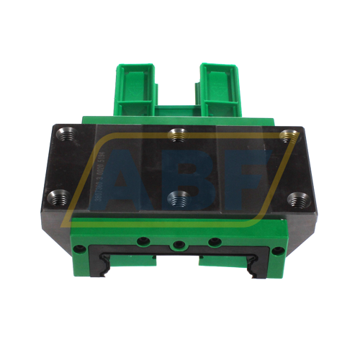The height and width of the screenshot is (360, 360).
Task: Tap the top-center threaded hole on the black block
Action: pos(177,134)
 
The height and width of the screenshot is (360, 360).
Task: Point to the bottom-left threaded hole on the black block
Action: pos(61,194)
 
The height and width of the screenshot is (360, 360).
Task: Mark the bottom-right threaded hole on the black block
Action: pos(294,199)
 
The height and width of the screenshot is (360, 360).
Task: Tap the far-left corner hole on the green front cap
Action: pos(81,249)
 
